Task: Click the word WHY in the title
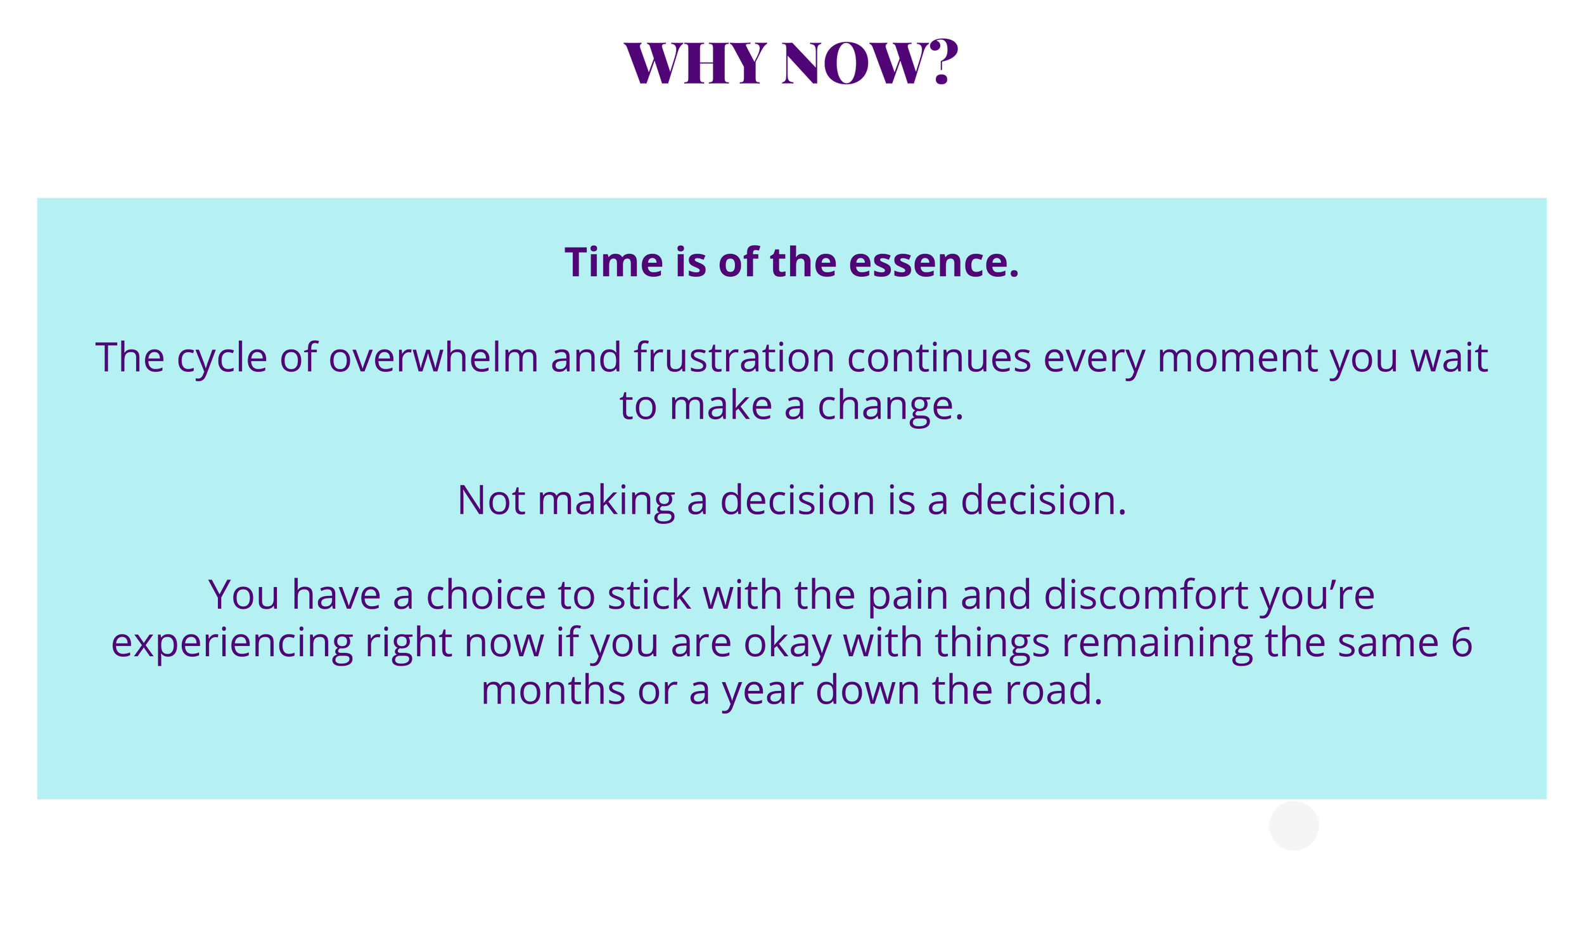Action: pos(695,63)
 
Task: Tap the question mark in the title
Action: pos(942,61)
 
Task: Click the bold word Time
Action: pos(613,262)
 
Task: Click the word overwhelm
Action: pos(433,357)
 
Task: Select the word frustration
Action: pos(734,357)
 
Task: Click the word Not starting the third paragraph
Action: pos(491,500)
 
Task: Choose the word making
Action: pos(606,501)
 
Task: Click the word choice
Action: pos(485,595)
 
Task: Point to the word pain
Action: pos(907,597)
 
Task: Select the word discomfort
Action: pos(1146,595)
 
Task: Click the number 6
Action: pos(1462,642)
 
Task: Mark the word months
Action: pos(553,691)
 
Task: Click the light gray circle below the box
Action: pos(1294,826)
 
